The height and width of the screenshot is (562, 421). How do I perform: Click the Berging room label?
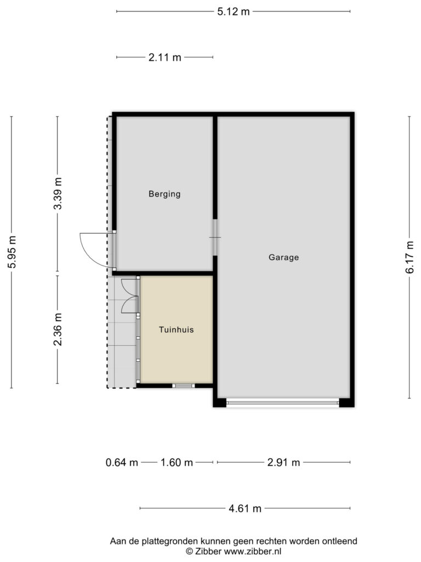click(x=164, y=194)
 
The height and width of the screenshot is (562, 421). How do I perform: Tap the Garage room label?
click(x=283, y=257)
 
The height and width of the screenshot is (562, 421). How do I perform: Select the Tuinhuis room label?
click(x=176, y=330)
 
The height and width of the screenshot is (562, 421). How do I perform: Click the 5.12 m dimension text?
click(x=234, y=12)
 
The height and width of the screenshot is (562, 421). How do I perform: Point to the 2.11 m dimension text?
click(x=164, y=57)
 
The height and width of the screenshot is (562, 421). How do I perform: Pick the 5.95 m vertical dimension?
click(x=12, y=252)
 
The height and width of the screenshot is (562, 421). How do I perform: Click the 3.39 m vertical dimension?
click(x=58, y=193)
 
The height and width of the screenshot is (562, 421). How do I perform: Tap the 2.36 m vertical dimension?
click(x=58, y=329)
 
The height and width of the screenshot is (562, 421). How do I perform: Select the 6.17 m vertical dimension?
click(x=409, y=257)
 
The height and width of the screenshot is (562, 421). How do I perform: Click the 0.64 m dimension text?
click(x=122, y=462)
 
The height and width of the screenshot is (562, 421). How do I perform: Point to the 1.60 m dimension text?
click(x=177, y=462)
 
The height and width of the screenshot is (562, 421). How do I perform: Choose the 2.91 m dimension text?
click(x=283, y=462)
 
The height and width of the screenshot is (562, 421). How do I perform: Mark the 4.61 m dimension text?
click(x=245, y=508)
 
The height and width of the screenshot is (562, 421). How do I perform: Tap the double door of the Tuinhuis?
click(x=129, y=296)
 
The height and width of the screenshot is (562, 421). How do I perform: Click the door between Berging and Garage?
click(x=215, y=237)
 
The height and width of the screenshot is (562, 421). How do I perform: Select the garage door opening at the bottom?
click(x=282, y=403)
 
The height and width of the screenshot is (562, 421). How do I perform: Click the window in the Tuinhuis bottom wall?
click(x=183, y=386)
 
